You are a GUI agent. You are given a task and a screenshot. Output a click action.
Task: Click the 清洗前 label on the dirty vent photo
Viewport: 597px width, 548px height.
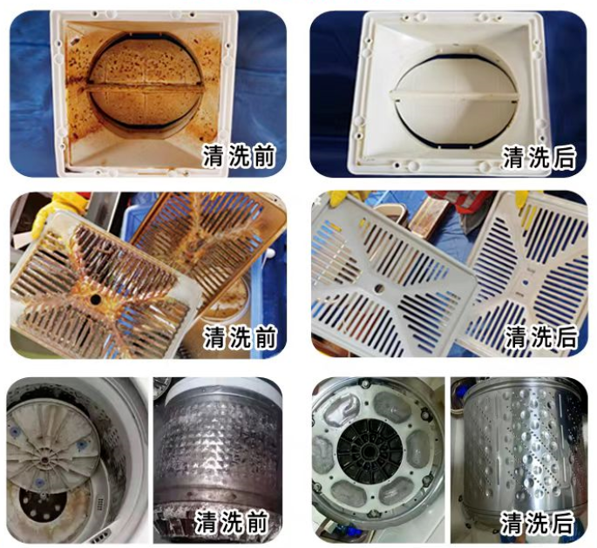[238, 156]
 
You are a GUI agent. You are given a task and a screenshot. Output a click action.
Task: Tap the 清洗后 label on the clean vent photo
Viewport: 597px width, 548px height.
[539, 157]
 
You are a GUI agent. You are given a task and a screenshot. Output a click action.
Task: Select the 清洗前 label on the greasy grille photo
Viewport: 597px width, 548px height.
[240, 337]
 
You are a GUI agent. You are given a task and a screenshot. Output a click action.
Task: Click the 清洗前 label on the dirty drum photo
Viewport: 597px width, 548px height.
[231, 522]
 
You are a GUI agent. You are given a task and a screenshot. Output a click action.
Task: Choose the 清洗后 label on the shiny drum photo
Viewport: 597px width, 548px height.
[537, 523]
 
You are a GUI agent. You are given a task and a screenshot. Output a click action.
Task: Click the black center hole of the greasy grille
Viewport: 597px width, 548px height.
[95, 300]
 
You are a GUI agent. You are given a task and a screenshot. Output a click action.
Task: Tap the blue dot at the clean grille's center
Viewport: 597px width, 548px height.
[526, 283]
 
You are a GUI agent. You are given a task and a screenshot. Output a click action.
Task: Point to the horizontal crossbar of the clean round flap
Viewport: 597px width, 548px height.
[454, 96]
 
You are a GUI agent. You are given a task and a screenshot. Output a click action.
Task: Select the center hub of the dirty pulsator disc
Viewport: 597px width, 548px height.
[44, 460]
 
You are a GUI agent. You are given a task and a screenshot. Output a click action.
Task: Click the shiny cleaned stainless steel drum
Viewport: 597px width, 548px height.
[519, 449]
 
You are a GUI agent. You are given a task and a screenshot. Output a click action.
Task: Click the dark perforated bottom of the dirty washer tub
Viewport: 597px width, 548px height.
[43, 503]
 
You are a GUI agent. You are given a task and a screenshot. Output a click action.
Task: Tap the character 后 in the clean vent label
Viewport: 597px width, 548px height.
[563, 157]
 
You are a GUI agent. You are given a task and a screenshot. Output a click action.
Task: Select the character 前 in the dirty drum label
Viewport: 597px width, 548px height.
[256, 522]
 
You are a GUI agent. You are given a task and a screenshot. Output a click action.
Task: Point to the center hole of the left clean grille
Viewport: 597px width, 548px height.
[379, 288]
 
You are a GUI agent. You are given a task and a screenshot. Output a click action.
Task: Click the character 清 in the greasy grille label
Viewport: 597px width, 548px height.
[214, 337]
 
